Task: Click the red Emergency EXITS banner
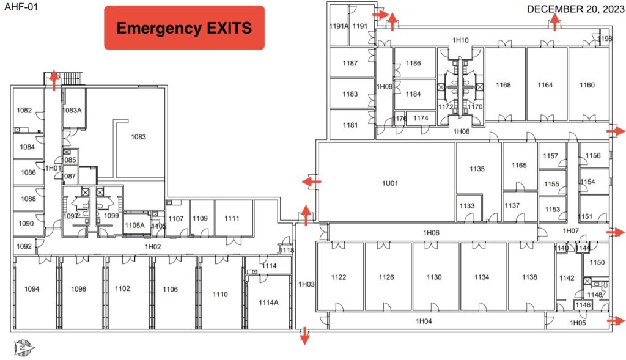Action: [184, 28]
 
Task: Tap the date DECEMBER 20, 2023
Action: [575, 9]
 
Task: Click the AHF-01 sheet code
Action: [21, 6]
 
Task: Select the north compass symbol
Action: [24, 348]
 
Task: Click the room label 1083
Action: [139, 137]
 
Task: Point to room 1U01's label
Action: [390, 183]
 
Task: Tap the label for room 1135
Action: [477, 169]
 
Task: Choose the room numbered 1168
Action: [504, 84]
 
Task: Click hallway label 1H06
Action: [431, 233]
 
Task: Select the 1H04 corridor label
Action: [424, 321]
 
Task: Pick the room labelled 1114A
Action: [269, 303]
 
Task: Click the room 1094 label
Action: [32, 289]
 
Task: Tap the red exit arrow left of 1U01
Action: [311, 182]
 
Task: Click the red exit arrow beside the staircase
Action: [54, 81]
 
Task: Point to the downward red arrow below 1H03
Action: [304, 336]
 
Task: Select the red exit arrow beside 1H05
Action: [616, 320]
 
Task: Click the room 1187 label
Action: [350, 63]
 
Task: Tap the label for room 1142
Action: [567, 277]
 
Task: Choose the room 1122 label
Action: [339, 277]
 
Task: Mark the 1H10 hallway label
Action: [460, 40]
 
